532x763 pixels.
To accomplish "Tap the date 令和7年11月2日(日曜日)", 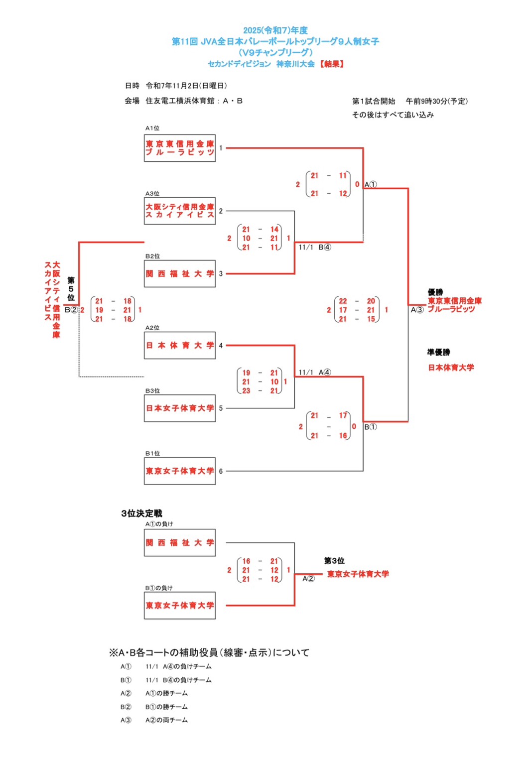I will click(x=186, y=86).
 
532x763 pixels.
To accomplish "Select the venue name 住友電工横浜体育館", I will click(x=179, y=101).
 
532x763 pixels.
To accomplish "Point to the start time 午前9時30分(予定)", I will click(x=436, y=101).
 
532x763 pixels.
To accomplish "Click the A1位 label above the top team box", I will click(x=152, y=128).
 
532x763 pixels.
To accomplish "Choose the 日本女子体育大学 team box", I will click(x=180, y=408).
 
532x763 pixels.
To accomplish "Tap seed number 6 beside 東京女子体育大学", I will click(x=221, y=471).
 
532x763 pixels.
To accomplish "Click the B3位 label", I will click(x=152, y=391).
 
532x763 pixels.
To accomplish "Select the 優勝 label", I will click(x=435, y=292).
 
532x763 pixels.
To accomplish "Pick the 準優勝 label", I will click(x=438, y=352).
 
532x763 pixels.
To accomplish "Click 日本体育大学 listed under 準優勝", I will click(x=451, y=368).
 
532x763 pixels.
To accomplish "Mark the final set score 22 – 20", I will click(x=357, y=301).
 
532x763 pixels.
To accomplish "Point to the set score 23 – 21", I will click(x=260, y=391).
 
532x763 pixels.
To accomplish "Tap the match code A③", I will click(x=417, y=310).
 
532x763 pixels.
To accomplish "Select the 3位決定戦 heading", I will click(x=141, y=513).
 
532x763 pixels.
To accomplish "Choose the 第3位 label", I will click(x=334, y=561).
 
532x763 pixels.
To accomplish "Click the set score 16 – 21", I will click(x=260, y=561).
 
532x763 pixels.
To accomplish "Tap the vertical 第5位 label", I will click(x=71, y=289).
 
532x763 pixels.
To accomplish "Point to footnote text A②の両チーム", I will click(x=166, y=720).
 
